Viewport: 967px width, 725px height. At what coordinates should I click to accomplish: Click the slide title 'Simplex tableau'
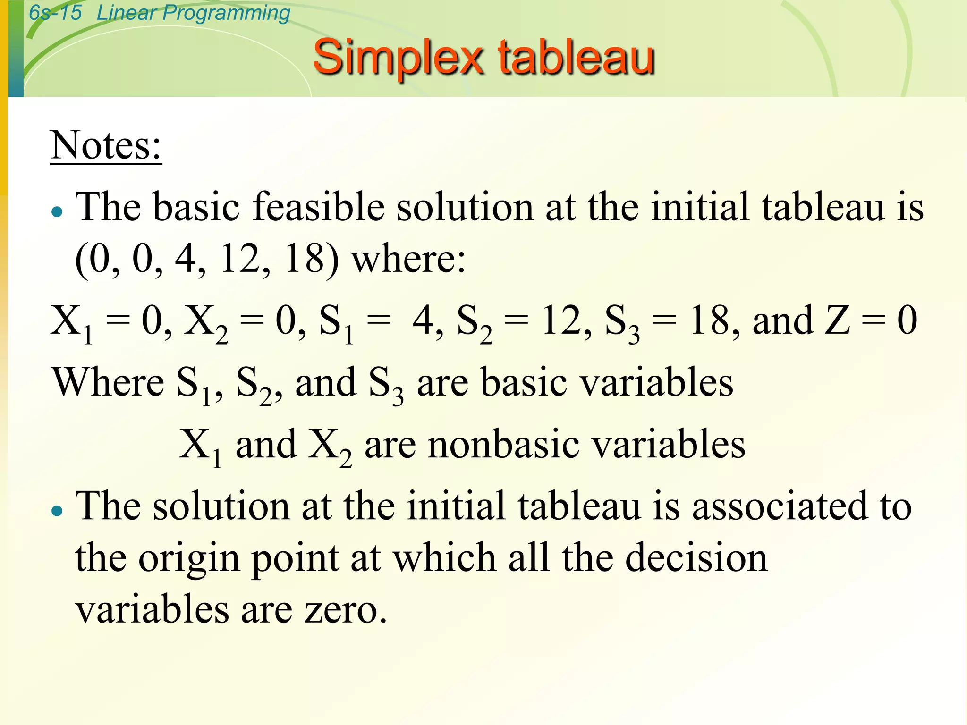483,58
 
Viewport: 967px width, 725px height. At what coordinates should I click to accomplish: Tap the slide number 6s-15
55,13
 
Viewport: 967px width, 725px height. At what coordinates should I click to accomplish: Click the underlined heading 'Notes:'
106,145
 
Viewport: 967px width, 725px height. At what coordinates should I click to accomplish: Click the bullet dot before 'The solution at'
57,511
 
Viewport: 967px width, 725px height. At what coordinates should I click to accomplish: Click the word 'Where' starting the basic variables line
108,382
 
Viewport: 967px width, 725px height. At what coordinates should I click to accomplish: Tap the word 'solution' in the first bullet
465,207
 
